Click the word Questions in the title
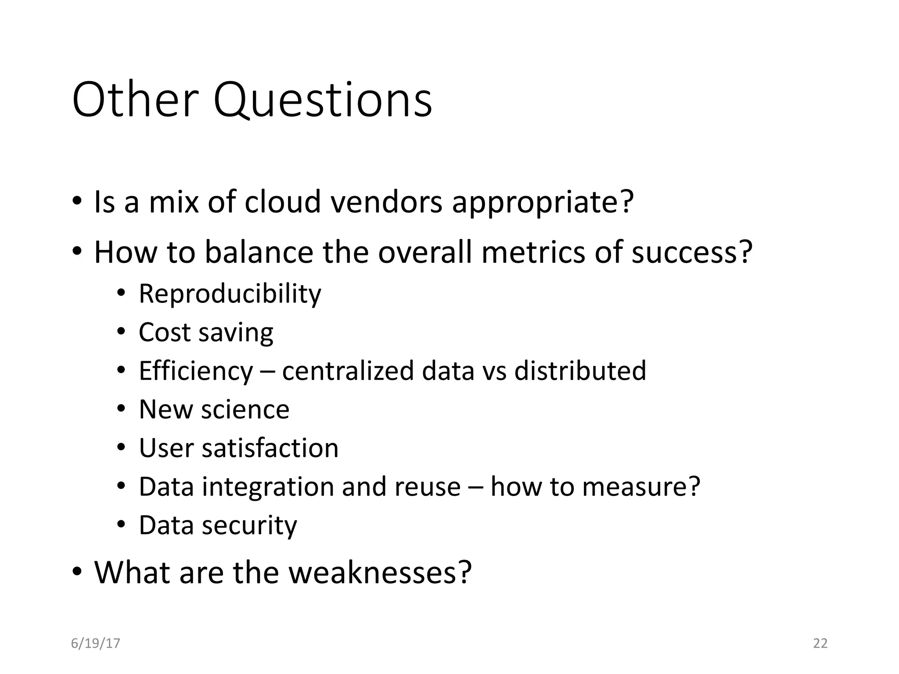(x=323, y=100)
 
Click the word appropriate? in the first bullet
(x=543, y=203)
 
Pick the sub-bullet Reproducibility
(x=230, y=294)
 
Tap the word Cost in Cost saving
(x=164, y=332)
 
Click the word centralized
(x=348, y=371)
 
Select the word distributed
(x=580, y=371)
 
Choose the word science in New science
(x=245, y=409)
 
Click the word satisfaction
(x=270, y=448)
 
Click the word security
(x=249, y=526)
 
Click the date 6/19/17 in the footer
(x=95, y=643)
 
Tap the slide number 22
(x=820, y=643)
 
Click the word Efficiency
(x=196, y=371)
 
